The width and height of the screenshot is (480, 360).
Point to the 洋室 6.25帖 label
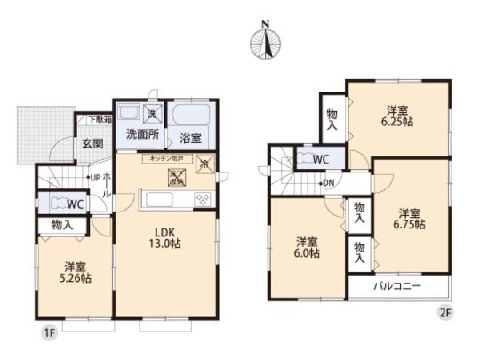[398, 116]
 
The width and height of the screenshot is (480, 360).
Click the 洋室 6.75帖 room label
[410, 219]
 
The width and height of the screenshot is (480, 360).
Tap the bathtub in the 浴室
[188, 115]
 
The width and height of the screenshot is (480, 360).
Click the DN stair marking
[329, 184]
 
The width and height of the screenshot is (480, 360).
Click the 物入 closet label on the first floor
[62, 226]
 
